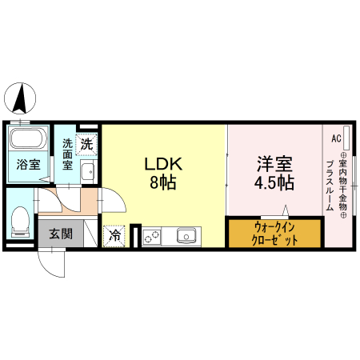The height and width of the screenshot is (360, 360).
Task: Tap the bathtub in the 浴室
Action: click(29, 141)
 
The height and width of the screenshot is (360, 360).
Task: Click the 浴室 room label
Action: click(30, 166)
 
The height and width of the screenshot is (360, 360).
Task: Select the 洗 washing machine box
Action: click(87, 145)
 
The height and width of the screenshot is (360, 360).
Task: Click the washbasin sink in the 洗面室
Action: click(87, 170)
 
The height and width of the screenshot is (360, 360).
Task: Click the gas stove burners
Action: click(151, 236)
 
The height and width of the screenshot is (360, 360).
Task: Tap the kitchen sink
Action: click(187, 236)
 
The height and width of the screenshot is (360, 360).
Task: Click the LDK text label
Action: click(163, 164)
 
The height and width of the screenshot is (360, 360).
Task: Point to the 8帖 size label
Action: click(163, 182)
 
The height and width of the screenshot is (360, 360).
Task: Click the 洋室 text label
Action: click(273, 164)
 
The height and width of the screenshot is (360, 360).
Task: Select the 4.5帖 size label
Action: click(273, 182)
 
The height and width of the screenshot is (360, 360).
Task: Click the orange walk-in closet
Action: click(275, 233)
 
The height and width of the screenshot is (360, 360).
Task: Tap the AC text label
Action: click(335, 138)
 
